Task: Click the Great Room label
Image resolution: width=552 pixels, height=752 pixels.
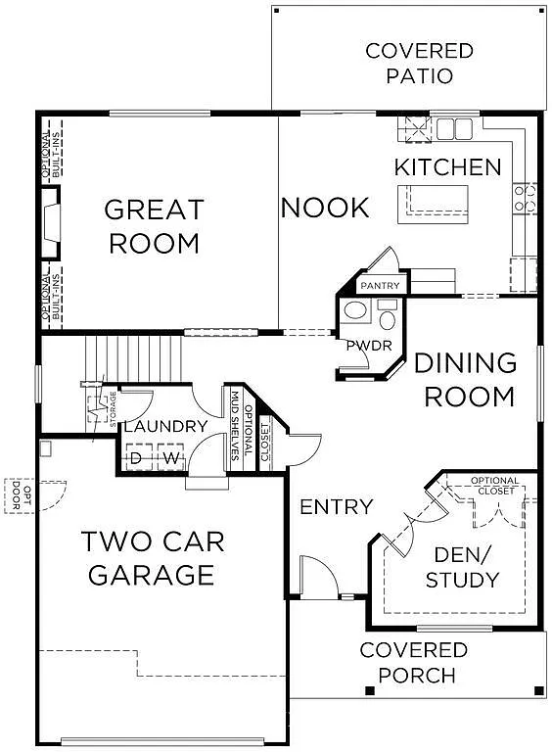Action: click(x=155, y=226)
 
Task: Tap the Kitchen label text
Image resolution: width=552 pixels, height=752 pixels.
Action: click(x=447, y=166)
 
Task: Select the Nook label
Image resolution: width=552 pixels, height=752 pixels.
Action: click(x=325, y=208)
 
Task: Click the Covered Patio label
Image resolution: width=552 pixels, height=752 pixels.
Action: click(x=419, y=63)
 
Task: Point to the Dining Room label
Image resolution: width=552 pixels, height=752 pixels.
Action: click(x=464, y=379)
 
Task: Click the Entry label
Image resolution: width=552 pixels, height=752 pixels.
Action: click(x=336, y=506)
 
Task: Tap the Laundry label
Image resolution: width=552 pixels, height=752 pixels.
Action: click(x=165, y=426)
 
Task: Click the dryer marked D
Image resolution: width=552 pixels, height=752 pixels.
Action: click(x=137, y=457)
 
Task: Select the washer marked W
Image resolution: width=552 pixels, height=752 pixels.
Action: click(x=170, y=457)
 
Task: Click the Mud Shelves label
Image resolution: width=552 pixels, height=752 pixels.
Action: click(x=235, y=427)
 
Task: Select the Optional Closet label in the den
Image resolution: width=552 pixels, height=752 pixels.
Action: click(x=494, y=485)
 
